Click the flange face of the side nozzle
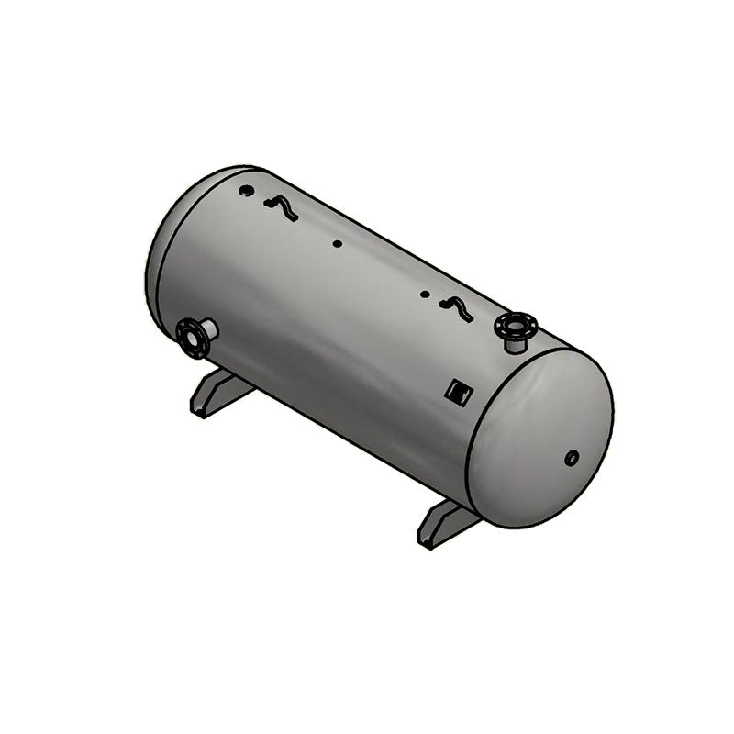coord(191,338)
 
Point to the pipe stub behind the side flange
coord(208,328)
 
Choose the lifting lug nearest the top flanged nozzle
coord(456,310)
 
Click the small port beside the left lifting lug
coord(245,191)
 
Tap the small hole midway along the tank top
coord(338,244)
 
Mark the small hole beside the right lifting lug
coord(424,295)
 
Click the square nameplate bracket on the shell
coord(458,393)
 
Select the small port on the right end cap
coord(572,456)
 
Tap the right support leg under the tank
coord(448,523)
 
